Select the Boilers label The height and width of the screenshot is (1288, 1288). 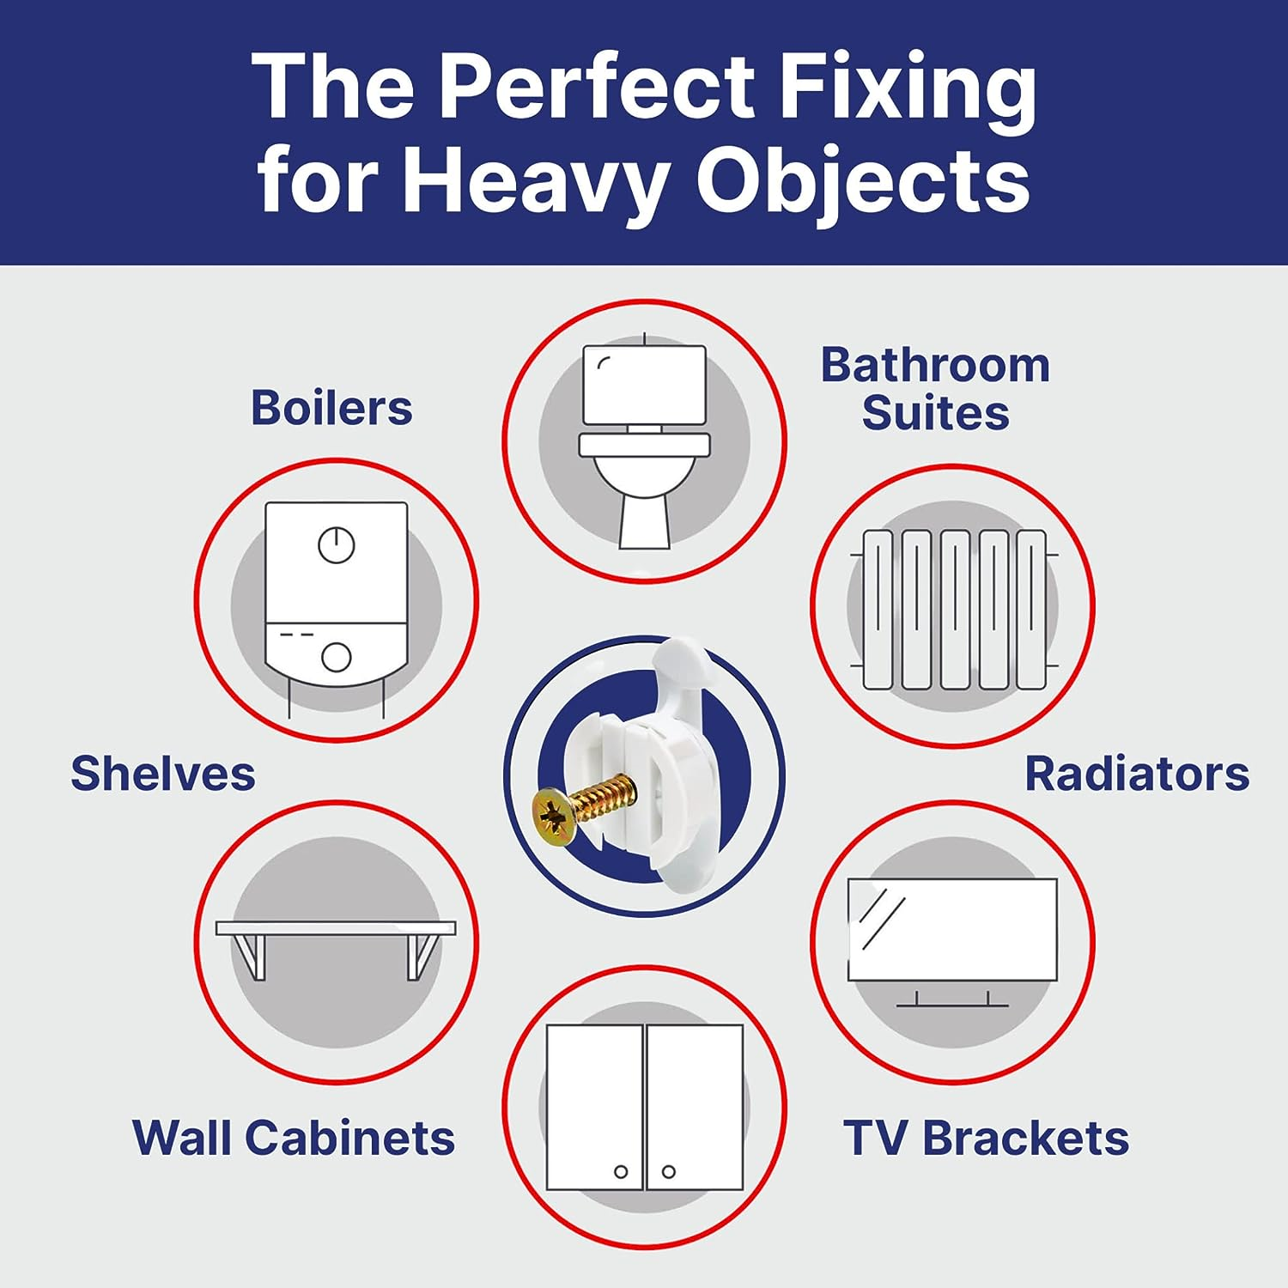331,408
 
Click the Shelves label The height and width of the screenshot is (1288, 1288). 163,774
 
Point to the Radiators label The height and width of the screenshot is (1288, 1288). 1137,774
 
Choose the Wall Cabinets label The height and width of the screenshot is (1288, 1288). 294,1138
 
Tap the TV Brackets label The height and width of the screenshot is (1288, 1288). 986,1138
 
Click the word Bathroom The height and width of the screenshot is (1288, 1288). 935,366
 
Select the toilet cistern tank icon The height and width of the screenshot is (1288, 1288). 644,385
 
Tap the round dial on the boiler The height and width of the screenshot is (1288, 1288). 337,544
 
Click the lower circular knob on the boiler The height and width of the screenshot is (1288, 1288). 337,658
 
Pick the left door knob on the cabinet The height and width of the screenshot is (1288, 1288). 621,1171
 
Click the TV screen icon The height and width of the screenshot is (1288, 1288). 952,929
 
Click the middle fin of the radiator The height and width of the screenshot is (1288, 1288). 955,610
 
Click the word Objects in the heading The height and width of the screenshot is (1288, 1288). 862,180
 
